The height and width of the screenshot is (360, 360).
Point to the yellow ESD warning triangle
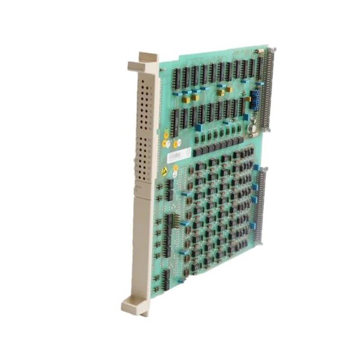tap(164, 172)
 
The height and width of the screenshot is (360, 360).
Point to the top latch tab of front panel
tap(148, 58)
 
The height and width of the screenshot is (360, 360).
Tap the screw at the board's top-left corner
tap(161, 70)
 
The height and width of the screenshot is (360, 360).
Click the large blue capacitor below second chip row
tap(198, 127)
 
